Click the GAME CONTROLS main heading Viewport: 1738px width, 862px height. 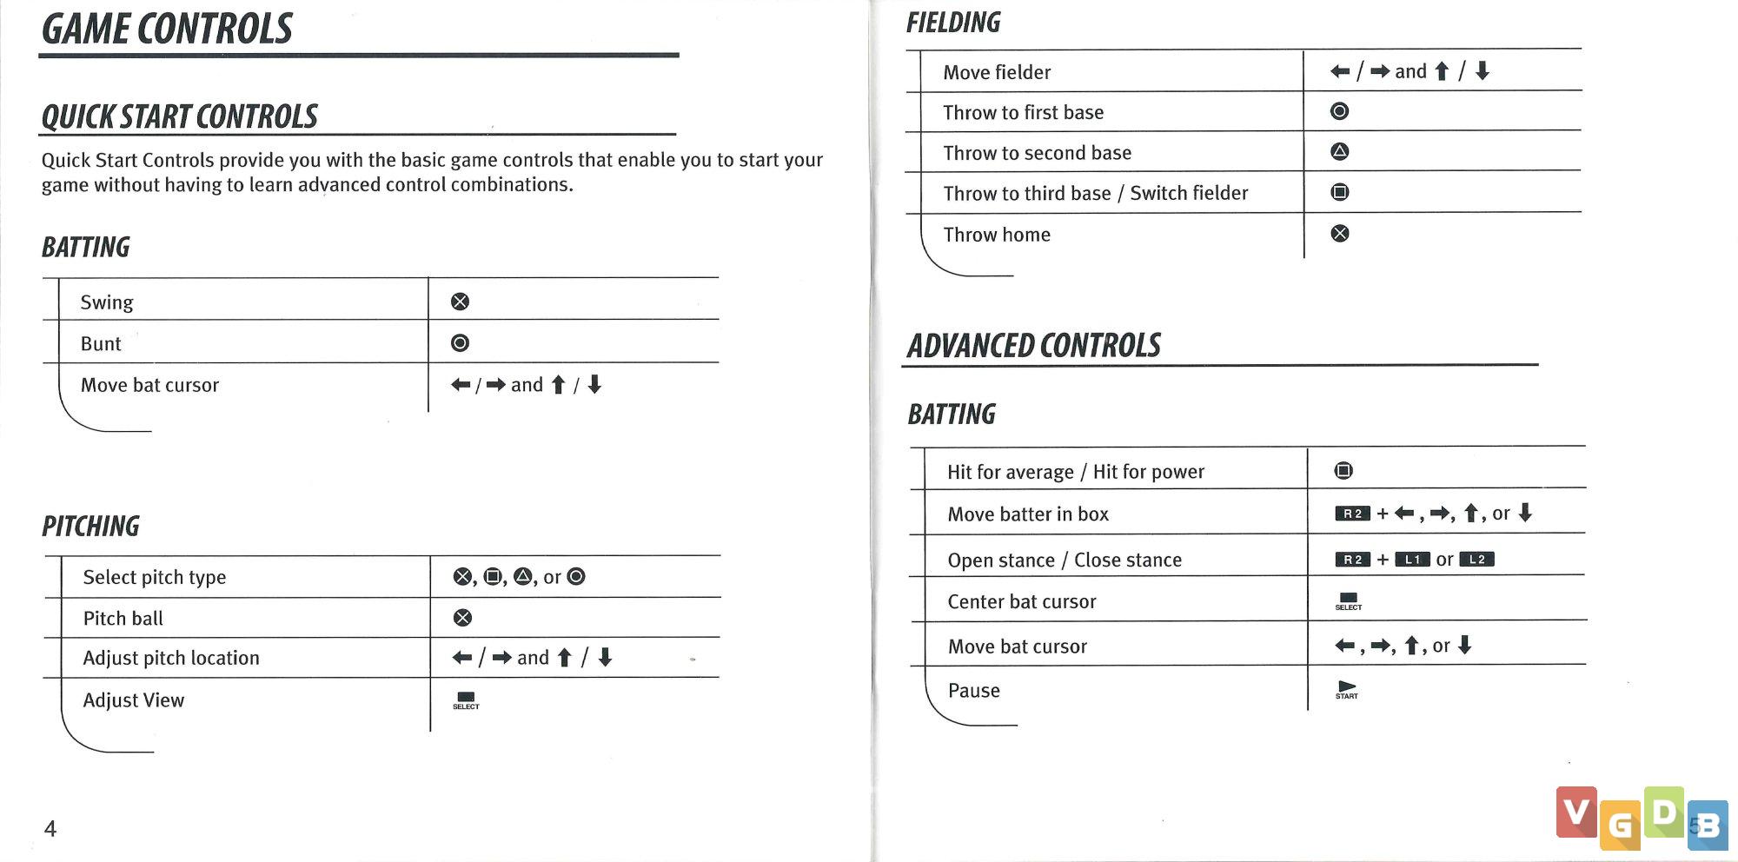(167, 30)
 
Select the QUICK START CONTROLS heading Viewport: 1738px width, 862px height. (180, 116)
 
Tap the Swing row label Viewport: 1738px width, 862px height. (107, 302)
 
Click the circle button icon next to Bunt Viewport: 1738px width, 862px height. (460, 343)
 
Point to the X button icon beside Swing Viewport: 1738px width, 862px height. (460, 302)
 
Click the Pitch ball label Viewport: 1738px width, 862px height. (123, 619)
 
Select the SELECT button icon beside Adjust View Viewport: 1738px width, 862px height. (466, 700)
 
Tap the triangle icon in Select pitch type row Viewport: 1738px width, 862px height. (522, 577)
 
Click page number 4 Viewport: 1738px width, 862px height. (50, 829)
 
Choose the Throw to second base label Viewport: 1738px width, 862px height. (1038, 153)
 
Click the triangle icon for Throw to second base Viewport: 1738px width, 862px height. (1340, 152)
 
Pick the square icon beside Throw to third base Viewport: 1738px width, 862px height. (1340, 192)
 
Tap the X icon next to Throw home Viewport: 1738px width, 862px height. (1340, 233)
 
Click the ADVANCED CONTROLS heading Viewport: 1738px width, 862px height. (1034, 346)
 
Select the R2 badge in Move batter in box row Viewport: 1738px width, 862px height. (1352, 514)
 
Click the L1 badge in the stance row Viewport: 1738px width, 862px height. (1412, 560)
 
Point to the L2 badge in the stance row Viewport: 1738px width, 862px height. (1476, 560)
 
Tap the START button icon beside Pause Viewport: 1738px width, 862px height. (1347, 690)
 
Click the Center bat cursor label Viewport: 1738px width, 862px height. (1022, 602)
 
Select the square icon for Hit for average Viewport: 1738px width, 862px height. (1343, 471)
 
